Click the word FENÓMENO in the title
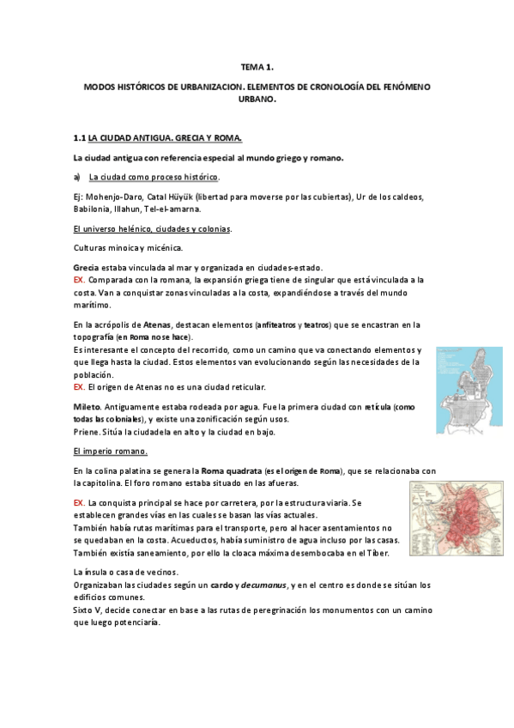click(x=402, y=88)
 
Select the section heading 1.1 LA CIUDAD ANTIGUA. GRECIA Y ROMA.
click(x=159, y=137)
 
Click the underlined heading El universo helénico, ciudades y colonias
click(x=153, y=228)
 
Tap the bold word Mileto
click(x=87, y=407)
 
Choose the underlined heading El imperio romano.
click(x=111, y=451)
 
